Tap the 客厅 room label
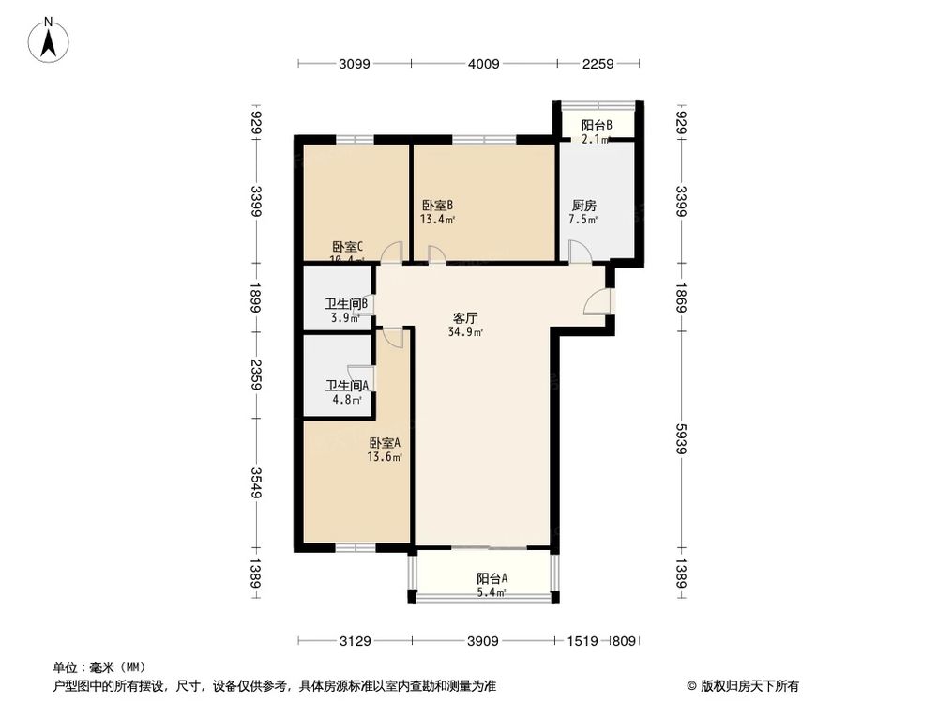coord(464,317)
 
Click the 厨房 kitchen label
coord(584,206)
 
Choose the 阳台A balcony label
coord(492,578)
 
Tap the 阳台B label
coord(597,125)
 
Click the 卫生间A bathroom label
coord(346,386)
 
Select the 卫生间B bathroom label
coord(346,304)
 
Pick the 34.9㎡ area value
coord(466,332)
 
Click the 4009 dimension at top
coord(484,64)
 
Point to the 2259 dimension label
coord(598,64)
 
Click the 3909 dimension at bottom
coord(483,641)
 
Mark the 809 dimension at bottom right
coord(623,641)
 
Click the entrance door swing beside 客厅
coord(597,301)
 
